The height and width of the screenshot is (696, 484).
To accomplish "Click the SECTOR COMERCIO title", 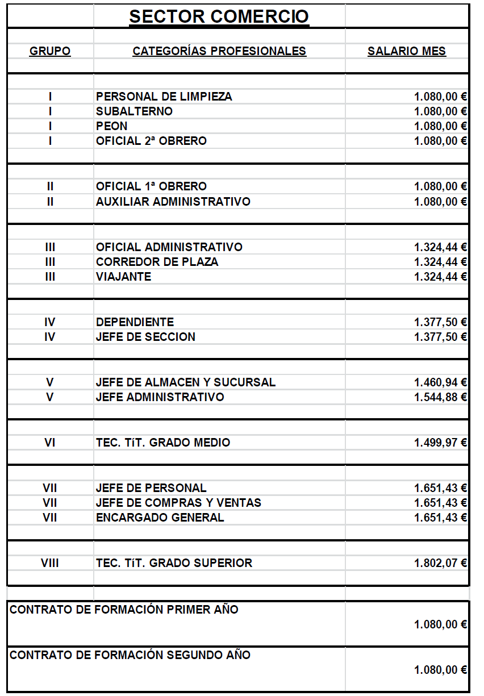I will tap(219, 16).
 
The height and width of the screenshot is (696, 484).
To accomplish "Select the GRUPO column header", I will tap(50, 51).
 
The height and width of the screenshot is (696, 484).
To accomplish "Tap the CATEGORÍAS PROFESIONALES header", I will tap(219, 51).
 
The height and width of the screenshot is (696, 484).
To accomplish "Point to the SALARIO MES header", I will tap(407, 51).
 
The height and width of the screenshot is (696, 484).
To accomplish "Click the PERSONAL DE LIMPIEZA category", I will tap(164, 97).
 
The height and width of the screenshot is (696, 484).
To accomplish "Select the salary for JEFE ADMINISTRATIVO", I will tap(440, 397).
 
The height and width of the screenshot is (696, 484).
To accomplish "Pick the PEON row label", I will tap(112, 126).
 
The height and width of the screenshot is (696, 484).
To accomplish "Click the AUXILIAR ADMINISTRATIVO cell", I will tap(173, 202).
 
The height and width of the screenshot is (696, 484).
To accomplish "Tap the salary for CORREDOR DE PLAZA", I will tap(440, 262).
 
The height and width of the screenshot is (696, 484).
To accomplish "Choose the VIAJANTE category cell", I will tap(124, 277).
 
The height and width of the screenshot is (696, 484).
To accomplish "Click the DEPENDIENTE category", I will tap(135, 322).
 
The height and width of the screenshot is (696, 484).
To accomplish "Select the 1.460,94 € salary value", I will tap(440, 382).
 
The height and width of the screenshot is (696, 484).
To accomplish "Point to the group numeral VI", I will tap(50, 443).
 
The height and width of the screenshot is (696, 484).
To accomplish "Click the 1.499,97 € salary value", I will tap(440, 443).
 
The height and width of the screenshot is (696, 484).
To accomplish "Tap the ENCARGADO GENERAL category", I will tap(160, 518).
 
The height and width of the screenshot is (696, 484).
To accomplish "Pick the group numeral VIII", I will tap(50, 563).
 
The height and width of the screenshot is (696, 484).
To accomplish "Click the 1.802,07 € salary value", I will tap(440, 563).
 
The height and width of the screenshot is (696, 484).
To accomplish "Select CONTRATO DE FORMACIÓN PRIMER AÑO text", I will tap(124, 610).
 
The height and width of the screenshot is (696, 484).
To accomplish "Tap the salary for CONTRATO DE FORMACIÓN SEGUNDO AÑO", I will tap(440, 670).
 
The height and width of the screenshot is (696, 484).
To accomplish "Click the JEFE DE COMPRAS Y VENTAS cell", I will tap(179, 503).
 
